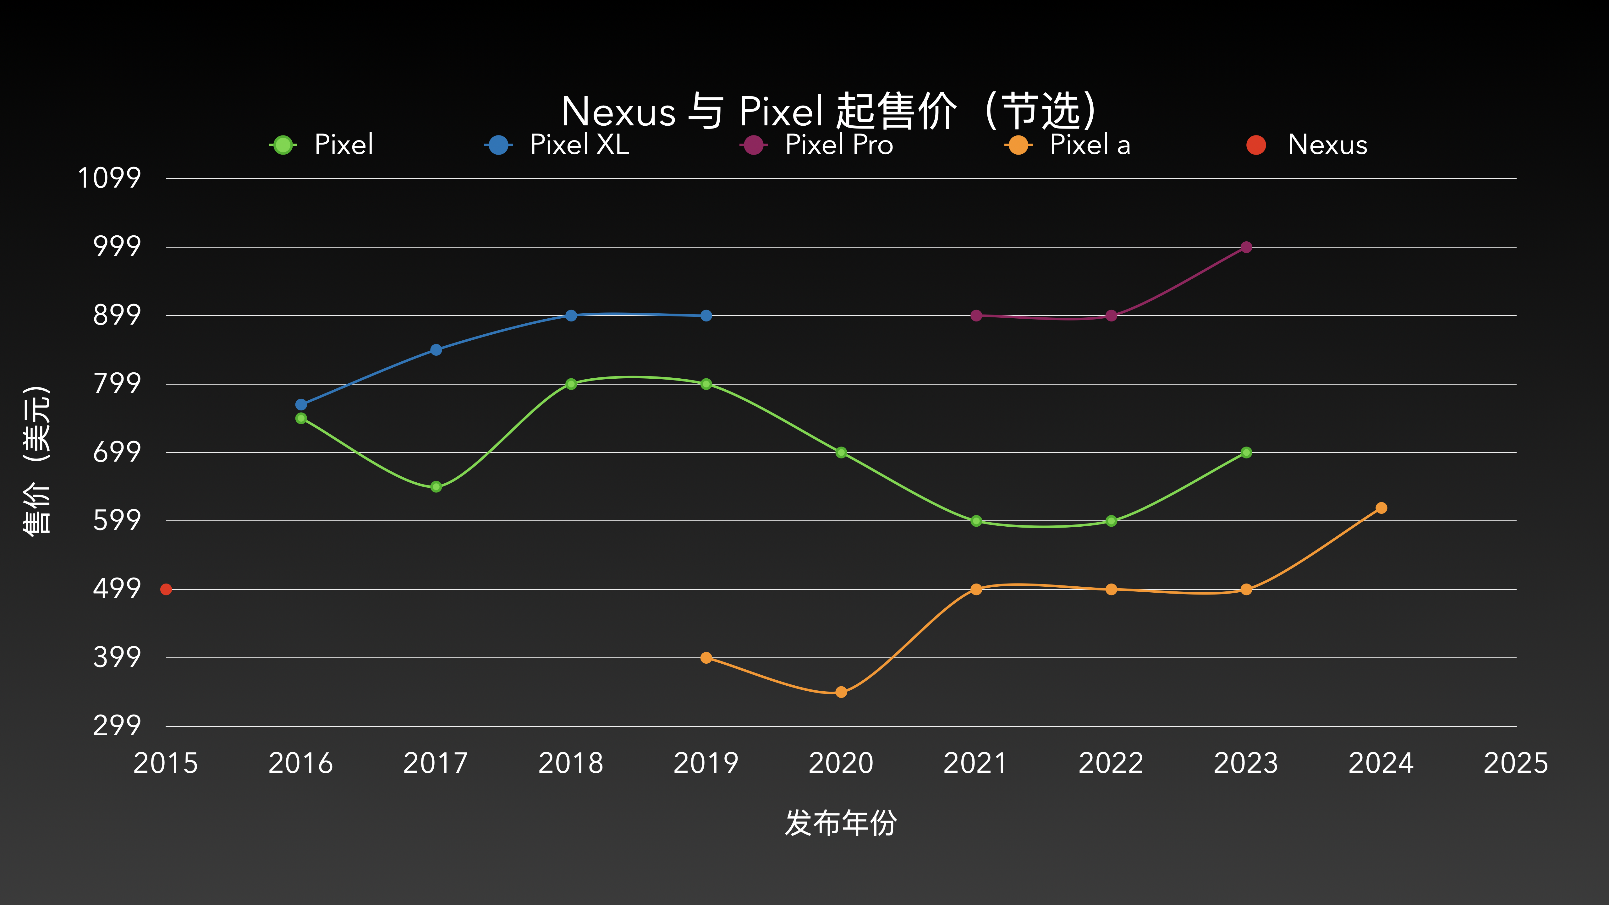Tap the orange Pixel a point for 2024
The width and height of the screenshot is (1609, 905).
click(x=1381, y=508)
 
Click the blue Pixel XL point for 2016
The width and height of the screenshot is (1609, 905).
click(x=301, y=405)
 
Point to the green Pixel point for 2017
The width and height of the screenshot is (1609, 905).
click(x=436, y=486)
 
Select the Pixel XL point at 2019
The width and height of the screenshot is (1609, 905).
click(x=706, y=315)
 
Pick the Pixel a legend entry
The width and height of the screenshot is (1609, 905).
click(x=1068, y=145)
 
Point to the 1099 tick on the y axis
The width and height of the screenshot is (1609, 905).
click(x=109, y=178)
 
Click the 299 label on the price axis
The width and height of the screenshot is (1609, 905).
click(x=117, y=726)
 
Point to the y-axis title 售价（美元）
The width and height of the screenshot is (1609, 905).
click(x=36, y=460)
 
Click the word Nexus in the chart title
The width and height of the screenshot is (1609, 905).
click(x=618, y=112)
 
